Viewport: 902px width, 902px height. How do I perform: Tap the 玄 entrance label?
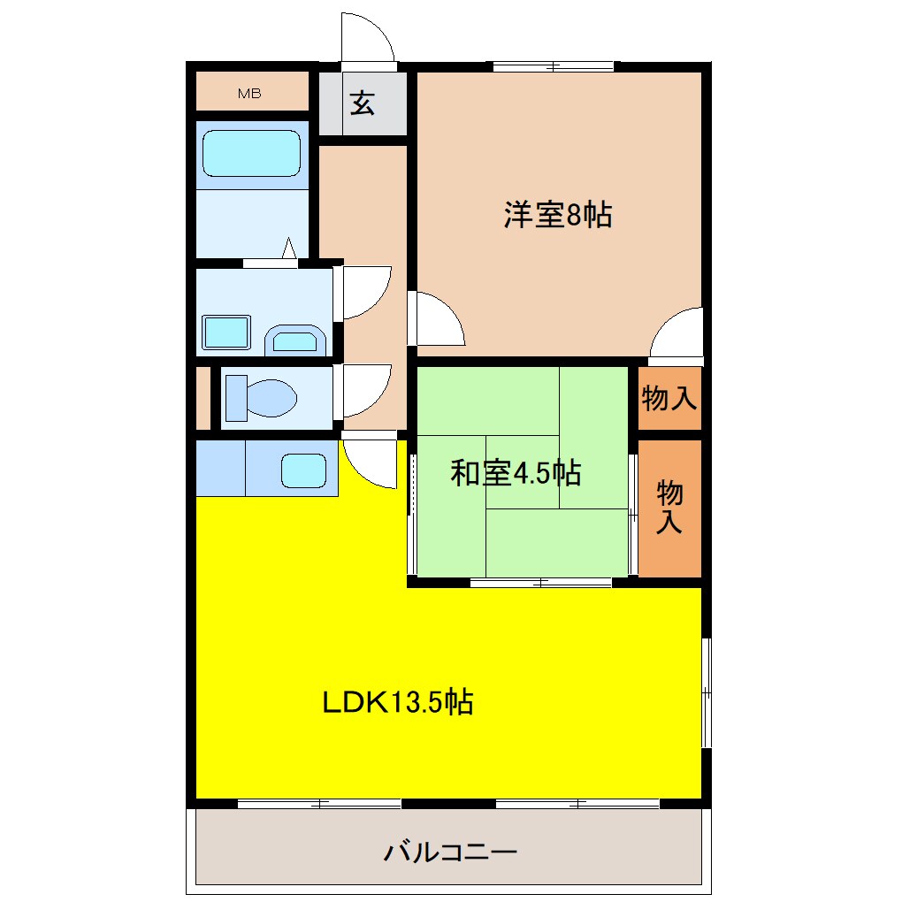click(363, 103)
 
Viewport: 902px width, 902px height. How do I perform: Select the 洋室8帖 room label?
click(558, 215)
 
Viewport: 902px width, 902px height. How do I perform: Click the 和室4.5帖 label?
click(516, 474)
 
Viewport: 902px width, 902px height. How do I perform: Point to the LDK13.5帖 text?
click(396, 702)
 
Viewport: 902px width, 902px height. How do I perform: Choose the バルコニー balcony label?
click(449, 853)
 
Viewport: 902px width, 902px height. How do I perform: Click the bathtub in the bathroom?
click(251, 154)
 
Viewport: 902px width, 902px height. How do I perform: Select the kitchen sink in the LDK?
click(303, 470)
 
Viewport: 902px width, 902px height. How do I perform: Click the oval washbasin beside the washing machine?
click(296, 339)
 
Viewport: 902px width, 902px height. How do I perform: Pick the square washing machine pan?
click(226, 331)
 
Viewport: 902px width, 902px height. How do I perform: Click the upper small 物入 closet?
click(669, 399)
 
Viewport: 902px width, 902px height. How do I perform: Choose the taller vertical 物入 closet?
click(669, 508)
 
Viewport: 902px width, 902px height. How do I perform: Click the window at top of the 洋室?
click(554, 66)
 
